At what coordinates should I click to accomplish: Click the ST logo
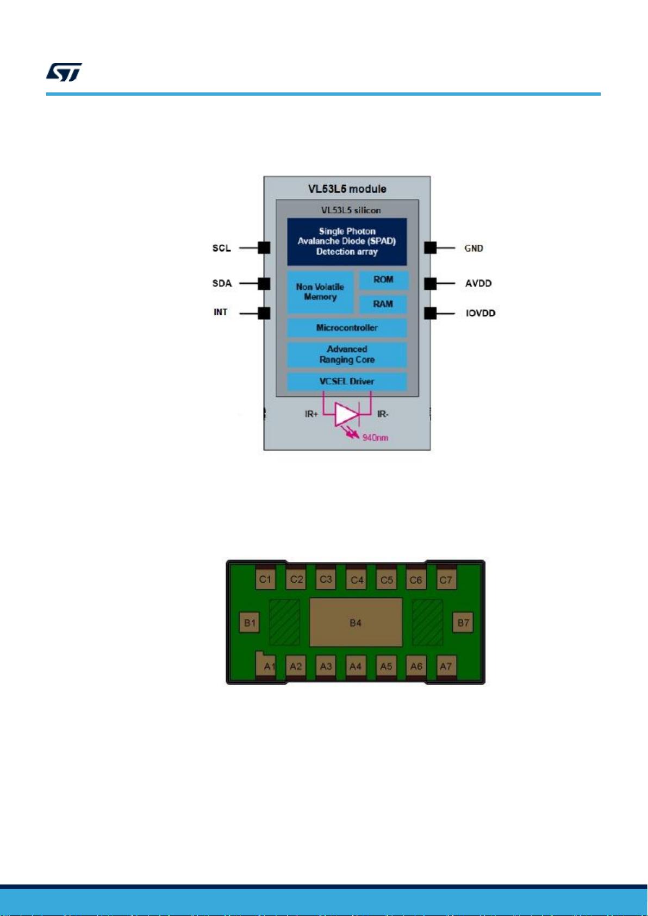click(64, 72)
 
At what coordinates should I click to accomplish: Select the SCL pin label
click(221, 248)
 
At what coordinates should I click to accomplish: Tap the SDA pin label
click(222, 283)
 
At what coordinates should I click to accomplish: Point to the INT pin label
click(220, 312)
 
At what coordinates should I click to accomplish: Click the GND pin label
click(473, 248)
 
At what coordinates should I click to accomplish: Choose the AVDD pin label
click(478, 283)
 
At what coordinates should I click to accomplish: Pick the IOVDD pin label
click(481, 313)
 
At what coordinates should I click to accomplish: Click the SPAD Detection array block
click(347, 241)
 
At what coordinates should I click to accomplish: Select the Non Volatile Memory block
click(320, 292)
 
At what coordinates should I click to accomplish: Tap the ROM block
click(383, 279)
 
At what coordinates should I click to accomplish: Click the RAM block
click(383, 304)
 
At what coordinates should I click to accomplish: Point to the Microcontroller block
click(347, 328)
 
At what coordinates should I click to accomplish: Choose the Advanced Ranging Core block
click(347, 354)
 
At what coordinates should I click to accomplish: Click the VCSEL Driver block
click(347, 381)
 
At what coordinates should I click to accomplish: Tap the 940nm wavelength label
click(375, 438)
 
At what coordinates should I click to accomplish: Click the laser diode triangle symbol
click(345, 415)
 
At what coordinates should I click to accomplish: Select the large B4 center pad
click(356, 622)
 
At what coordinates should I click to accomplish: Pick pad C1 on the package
click(265, 579)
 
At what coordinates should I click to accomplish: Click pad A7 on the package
click(446, 666)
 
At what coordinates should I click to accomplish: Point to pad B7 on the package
click(463, 622)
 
